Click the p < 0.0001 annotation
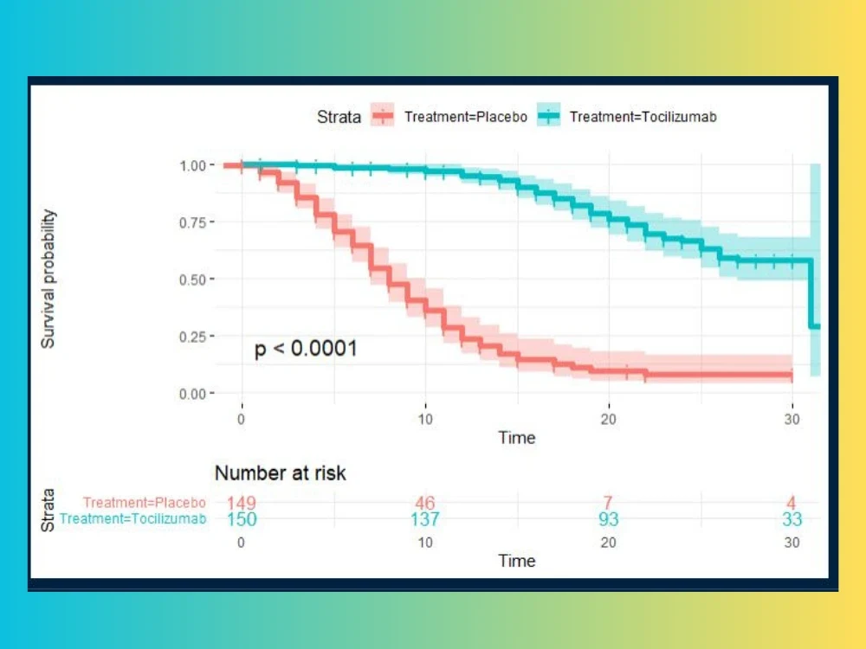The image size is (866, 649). click(306, 350)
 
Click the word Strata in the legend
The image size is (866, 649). click(339, 117)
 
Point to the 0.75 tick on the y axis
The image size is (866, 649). click(193, 222)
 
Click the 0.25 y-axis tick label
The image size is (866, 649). click(193, 337)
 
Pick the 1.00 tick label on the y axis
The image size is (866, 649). click(193, 165)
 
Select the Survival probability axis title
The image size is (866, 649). click(48, 279)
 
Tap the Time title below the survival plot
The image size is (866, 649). click(517, 438)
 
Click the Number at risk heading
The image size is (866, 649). click(280, 473)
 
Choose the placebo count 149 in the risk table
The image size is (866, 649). click(242, 503)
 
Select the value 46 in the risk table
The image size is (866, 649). click(424, 503)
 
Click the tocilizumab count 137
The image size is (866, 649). click(424, 519)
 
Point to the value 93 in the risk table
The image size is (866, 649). click(608, 519)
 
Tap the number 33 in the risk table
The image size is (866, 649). click(792, 519)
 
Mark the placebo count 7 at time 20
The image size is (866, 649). click(608, 503)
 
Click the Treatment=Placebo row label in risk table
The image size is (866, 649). click(145, 503)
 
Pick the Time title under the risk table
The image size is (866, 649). click(517, 561)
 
